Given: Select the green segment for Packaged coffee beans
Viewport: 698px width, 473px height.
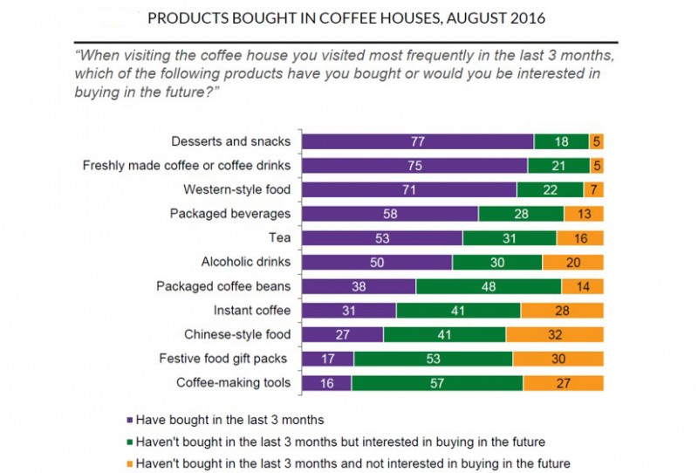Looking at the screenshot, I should pos(489,285).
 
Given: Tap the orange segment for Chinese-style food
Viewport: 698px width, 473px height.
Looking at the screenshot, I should pos(555,333).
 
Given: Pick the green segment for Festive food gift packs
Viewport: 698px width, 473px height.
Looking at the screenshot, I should pos(434,358).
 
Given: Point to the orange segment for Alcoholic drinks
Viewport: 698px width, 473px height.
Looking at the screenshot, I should pos(573,262).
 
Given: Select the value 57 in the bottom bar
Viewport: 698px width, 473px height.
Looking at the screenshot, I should pos(436,382).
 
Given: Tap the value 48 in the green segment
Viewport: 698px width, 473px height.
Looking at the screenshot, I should pos(489,285).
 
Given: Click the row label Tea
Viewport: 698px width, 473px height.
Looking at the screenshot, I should pos(280,237).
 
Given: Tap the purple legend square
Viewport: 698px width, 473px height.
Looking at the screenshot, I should pos(130,420).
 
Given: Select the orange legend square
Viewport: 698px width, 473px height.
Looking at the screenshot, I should pos(130,463).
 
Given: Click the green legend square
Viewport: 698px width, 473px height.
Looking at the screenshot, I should pos(130,442).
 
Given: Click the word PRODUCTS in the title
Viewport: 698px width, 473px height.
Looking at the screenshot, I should pos(188,17).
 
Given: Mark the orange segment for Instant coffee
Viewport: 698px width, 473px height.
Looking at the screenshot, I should pos(562,310).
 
